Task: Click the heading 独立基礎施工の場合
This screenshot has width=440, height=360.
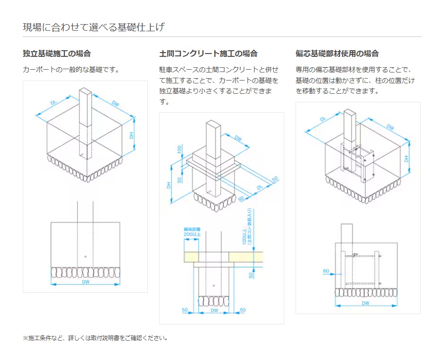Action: (57, 54)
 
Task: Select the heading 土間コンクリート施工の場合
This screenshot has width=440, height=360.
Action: (208, 54)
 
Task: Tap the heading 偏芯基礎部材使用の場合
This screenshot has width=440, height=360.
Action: (337, 54)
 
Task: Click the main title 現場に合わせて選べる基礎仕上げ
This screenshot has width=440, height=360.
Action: (94, 27)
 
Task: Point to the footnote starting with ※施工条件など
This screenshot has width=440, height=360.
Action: (95, 338)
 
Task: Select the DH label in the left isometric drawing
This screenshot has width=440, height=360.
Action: (132, 135)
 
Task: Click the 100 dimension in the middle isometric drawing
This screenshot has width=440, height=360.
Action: (180, 149)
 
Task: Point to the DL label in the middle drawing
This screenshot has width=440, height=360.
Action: (259, 188)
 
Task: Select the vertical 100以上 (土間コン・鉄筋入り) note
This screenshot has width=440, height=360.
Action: (247, 226)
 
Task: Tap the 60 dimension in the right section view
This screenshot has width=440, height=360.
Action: (326, 271)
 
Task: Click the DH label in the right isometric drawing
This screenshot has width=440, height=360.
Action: (406, 159)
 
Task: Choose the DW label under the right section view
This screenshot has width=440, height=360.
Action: (366, 303)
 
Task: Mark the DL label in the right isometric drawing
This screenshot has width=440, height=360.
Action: (323, 119)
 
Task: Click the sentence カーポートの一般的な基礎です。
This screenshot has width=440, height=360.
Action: (71, 70)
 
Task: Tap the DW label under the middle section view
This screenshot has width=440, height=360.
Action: (214, 310)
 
